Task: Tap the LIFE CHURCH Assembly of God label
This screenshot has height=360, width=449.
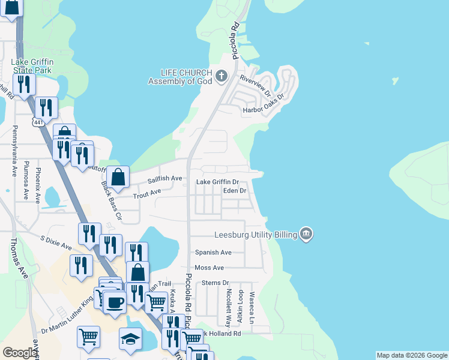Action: (181, 77)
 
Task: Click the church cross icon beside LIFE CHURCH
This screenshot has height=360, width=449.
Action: (221, 76)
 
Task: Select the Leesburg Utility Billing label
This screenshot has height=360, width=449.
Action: (256, 235)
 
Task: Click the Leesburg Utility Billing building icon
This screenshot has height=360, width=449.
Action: (306, 233)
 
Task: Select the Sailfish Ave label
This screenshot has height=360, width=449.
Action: (164, 178)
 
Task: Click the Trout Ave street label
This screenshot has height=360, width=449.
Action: (147, 192)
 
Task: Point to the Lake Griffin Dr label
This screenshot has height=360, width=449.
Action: (218, 182)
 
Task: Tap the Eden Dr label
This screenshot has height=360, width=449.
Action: (235, 191)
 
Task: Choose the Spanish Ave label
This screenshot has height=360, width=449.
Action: (213, 253)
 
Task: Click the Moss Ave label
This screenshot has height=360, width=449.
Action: (209, 268)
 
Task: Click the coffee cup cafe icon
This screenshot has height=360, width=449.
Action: (114, 301)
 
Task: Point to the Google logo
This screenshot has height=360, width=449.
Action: (20, 353)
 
